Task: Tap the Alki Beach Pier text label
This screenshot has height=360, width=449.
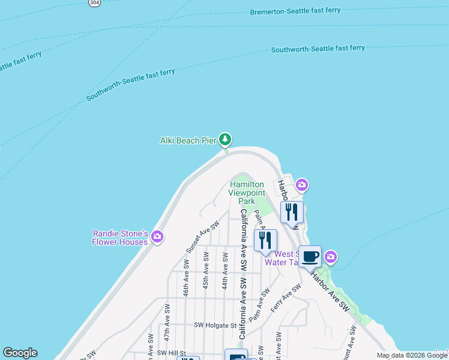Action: click(x=188, y=141)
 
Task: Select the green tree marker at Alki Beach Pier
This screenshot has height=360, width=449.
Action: click(x=225, y=140)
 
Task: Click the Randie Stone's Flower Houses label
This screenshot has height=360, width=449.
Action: click(x=120, y=238)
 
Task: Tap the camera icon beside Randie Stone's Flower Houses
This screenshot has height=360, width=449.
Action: click(x=157, y=237)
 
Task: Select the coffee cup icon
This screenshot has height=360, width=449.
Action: click(x=310, y=257)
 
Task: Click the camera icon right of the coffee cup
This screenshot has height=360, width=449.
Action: click(x=330, y=258)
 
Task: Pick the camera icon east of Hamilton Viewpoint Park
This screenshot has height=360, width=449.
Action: click(x=301, y=185)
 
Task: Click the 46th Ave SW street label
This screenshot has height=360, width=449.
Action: click(x=187, y=277)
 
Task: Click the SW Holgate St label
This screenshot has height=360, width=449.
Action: click(x=215, y=325)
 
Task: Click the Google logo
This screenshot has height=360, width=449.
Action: click(x=20, y=353)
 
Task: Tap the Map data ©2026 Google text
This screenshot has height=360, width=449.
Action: click(x=412, y=355)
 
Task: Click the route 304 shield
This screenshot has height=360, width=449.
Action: click(x=94, y=2)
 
